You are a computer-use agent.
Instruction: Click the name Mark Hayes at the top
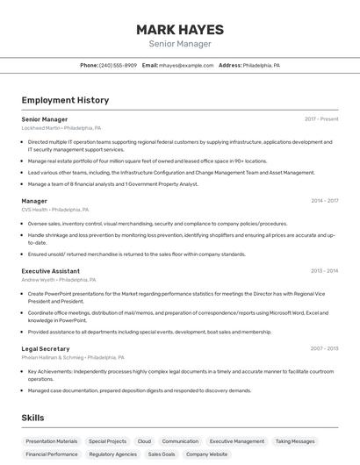pyautogui.click(x=179, y=30)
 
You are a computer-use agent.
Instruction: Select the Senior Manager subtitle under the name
pyautogui.click(x=179, y=44)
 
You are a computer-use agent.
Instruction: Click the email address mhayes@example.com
pyautogui.click(x=186, y=66)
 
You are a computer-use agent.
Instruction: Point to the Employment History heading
pyautogui.click(x=65, y=100)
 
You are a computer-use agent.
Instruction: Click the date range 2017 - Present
pyautogui.click(x=321, y=118)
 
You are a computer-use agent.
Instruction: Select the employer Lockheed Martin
pyautogui.click(x=40, y=127)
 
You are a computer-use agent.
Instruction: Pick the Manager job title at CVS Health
pyautogui.click(x=34, y=201)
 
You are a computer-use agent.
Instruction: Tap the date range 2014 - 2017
pyautogui.click(x=324, y=201)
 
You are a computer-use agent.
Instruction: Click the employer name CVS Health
pyautogui.click(x=35, y=210)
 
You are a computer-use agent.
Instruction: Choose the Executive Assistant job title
pyautogui.click(x=52, y=270)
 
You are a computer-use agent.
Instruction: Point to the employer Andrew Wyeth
pyautogui.click(x=38, y=279)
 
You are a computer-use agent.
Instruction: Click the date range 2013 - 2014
pyautogui.click(x=324, y=270)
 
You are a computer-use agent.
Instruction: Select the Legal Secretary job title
pyautogui.click(x=46, y=348)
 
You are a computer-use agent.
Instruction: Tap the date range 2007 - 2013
pyautogui.click(x=324, y=348)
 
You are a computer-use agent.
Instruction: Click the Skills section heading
pyautogui.click(x=32, y=418)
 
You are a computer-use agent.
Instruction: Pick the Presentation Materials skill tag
pyautogui.click(x=52, y=441)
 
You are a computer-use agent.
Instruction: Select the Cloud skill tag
pyautogui.click(x=144, y=441)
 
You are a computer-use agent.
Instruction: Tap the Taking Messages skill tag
pyautogui.click(x=294, y=441)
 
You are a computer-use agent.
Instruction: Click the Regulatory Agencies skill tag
pyautogui.click(x=112, y=454)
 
